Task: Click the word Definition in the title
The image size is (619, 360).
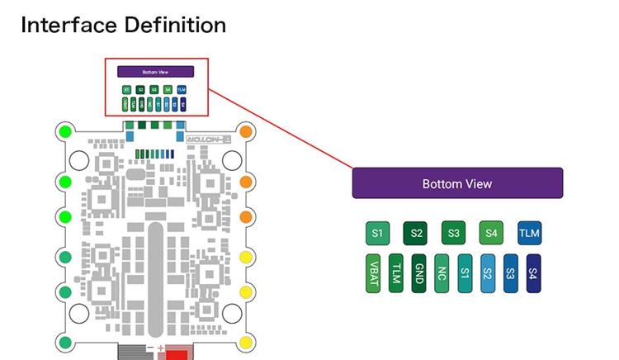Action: click(177, 26)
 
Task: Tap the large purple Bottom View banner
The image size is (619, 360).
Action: click(457, 183)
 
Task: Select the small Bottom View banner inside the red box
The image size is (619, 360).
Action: click(155, 72)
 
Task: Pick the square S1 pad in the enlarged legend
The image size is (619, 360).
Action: click(378, 234)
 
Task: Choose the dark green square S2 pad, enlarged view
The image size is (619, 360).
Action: click(416, 234)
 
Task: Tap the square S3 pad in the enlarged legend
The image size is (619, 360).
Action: click(454, 234)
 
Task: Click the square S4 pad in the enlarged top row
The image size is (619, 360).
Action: click(492, 234)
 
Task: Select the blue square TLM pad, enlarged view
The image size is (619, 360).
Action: click(530, 234)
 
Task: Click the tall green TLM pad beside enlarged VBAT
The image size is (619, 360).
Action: click(396, 273)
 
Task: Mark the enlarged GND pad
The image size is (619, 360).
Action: click(418, 273)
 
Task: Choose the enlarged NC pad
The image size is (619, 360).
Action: click(442, 273)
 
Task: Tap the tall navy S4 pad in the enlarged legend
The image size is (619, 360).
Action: click(533, 273)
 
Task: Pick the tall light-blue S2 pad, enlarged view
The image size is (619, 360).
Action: click(487, 273)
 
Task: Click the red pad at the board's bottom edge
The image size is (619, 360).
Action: click(177, 353)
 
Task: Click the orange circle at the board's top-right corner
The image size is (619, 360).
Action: click(245, 131)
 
